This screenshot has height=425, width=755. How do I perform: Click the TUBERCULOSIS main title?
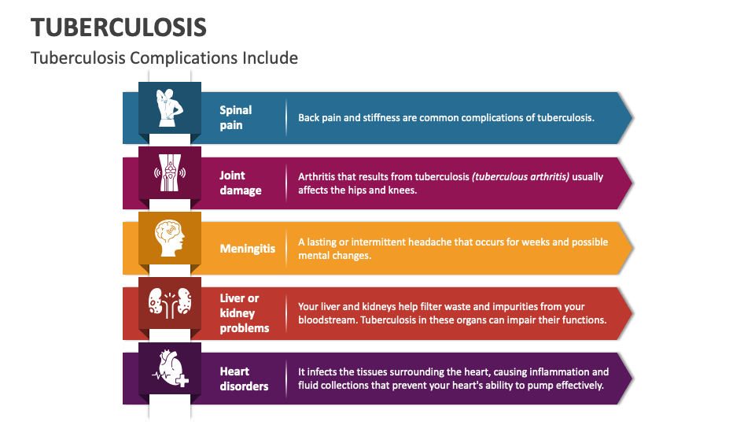(x=119, y=27)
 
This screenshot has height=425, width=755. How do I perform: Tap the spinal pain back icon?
(x=170, y=107)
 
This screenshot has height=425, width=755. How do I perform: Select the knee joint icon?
(x=170, y=172)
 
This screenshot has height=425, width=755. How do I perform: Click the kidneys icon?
(x=170, y=301)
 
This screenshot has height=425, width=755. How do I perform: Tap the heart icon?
(x=170, y=368)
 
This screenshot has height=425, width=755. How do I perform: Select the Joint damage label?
(x=241, y=183)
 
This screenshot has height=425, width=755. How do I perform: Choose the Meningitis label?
(x=248, y=248)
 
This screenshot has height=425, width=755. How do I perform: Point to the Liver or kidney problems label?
(x=245, y=313)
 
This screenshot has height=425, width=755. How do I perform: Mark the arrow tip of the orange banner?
(x=632, y=248)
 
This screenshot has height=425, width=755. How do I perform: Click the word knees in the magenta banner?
(x=399, y=190)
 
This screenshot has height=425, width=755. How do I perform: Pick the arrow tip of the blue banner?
(x=632, y=117)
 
